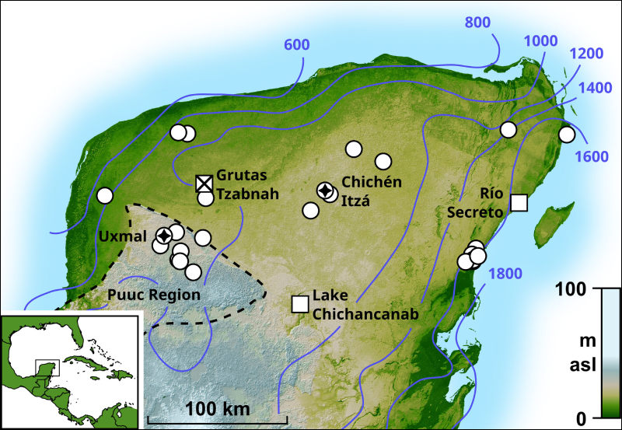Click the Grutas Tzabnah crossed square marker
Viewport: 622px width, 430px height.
tap(204, 184)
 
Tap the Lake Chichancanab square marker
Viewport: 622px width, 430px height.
tap(299, 304)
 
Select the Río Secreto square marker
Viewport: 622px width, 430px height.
tap(519, 203)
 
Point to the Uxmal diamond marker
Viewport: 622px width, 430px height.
tap(164, 235)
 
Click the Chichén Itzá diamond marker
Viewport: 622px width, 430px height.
tap(325, 191)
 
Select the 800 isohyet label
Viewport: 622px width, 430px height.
tap(478, 22)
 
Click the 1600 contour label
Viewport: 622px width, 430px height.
tap(592, 157)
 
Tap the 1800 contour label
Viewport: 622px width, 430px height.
tap(505, 274)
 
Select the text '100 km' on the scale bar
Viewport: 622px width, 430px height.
tap(212, 409)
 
